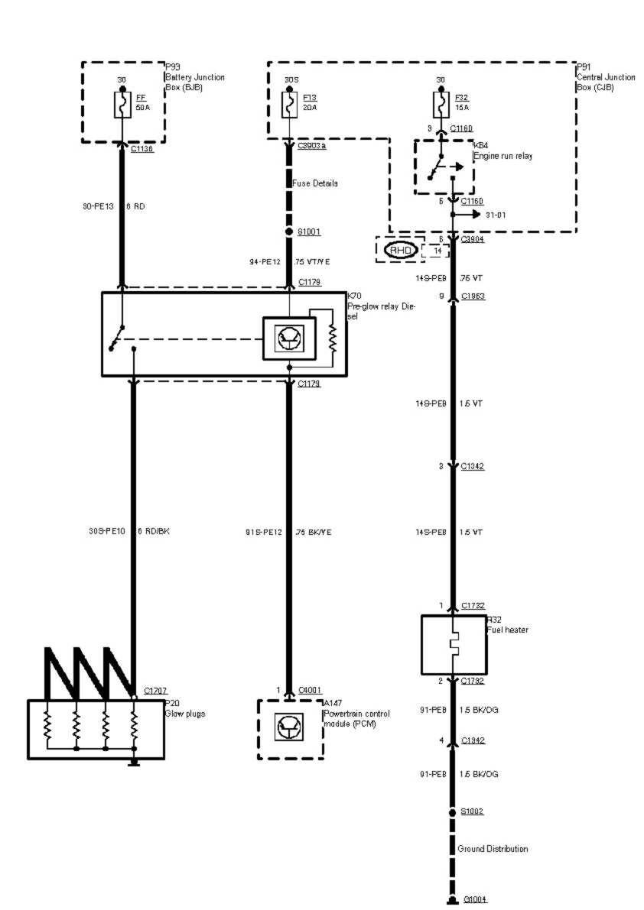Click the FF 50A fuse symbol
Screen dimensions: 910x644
tap(122, 105)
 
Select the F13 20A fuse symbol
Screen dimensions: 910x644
tap(289, 105)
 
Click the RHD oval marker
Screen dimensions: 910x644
tap(401, 251)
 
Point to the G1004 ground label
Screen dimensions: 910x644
tap(475, 901)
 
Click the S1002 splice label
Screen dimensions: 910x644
tap(473, 811)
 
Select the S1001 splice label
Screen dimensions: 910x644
tap(310, 232)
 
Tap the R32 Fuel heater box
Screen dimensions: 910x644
tap(453, 644)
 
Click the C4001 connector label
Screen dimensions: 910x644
tap(311, 691)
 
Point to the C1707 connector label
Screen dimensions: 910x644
tap(154, 691)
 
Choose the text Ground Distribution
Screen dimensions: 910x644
tap(493, 849)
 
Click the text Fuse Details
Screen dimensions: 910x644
tap(315, 183)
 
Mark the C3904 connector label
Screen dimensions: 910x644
tap(473, 239)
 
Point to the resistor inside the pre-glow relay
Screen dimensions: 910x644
tap(333, 338)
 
